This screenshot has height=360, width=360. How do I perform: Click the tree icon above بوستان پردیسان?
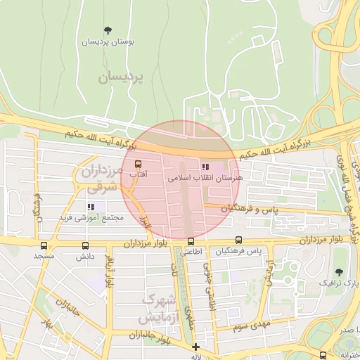coord(108,30)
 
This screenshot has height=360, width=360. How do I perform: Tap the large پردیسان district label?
coord(119,77)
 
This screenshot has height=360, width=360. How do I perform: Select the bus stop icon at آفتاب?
coord(137,164)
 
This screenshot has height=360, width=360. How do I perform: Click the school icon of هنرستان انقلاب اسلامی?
coord(205,167)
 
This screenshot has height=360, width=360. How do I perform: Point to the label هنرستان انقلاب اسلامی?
coord(205,179)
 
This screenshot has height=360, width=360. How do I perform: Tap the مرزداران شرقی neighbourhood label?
coord(98,179)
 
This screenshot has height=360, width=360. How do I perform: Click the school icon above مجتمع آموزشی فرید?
coord(91,207)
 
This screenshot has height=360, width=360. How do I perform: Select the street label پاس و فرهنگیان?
coord(250,209)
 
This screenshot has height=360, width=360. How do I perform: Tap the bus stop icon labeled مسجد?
coord(44,245)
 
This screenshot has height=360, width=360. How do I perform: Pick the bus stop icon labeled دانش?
coord(86,245)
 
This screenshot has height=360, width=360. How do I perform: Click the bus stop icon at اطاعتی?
coord(191,241)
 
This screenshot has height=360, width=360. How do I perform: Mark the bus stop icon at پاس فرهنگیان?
coord(239,240)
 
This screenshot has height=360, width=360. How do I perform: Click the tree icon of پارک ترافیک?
coord(340,271)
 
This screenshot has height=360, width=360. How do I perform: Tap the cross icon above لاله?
coord(195,347)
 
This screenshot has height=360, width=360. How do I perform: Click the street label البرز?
coord(144,224)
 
